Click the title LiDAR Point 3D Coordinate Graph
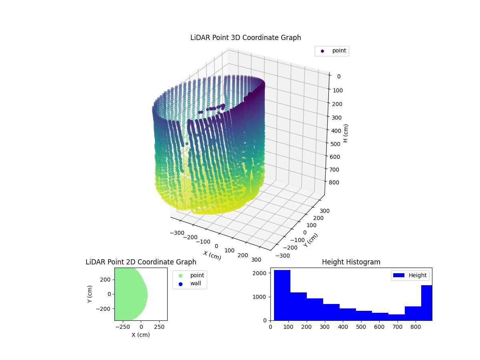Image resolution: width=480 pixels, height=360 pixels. [246, 38]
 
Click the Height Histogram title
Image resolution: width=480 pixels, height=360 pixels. [351, 262]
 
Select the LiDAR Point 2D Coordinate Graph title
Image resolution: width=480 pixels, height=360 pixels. [141, 262]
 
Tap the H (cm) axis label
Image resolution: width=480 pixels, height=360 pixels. [346, 133]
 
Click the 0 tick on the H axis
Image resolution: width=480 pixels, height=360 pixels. [338, 77]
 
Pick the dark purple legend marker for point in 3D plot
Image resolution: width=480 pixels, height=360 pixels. [322, 51]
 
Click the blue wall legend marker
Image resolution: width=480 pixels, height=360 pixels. [180, 284]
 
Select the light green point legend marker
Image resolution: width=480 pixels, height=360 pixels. [180, 276]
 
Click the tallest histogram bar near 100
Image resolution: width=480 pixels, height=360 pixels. [282, 295]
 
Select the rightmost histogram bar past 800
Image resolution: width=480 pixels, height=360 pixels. [426, 303]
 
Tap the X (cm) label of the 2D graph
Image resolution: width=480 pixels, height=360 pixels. [141, 335]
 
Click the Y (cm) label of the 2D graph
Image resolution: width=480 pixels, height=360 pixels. [90, 294]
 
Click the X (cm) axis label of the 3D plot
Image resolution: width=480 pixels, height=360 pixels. [212, 255]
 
